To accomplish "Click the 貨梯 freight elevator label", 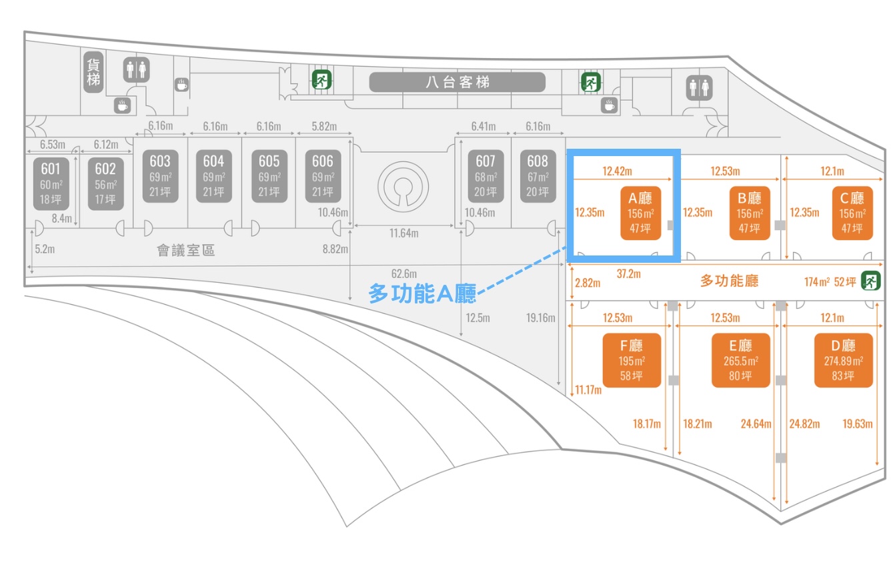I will click(93, 71).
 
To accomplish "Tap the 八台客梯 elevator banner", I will click(458, 82).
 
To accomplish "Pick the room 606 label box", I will click(323, 176).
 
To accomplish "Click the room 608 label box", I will click(538, 176).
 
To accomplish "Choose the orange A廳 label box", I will click(640, 213).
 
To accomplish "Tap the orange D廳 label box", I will click(844, 360).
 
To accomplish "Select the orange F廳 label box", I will click(632, 360).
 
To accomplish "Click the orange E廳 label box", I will click(740, 360).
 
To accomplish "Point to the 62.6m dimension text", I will click(404, 273).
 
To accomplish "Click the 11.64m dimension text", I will click(404, 233).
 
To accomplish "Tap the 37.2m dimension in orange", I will click(628, 273).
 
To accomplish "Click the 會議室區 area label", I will click(185, 251).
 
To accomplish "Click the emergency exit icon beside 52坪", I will click(870, 281).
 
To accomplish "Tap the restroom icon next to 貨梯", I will click(137, 69).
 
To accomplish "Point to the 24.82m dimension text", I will click(804, 424).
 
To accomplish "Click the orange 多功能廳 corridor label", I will click(729, 281).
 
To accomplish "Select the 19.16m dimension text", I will click(540, 318).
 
